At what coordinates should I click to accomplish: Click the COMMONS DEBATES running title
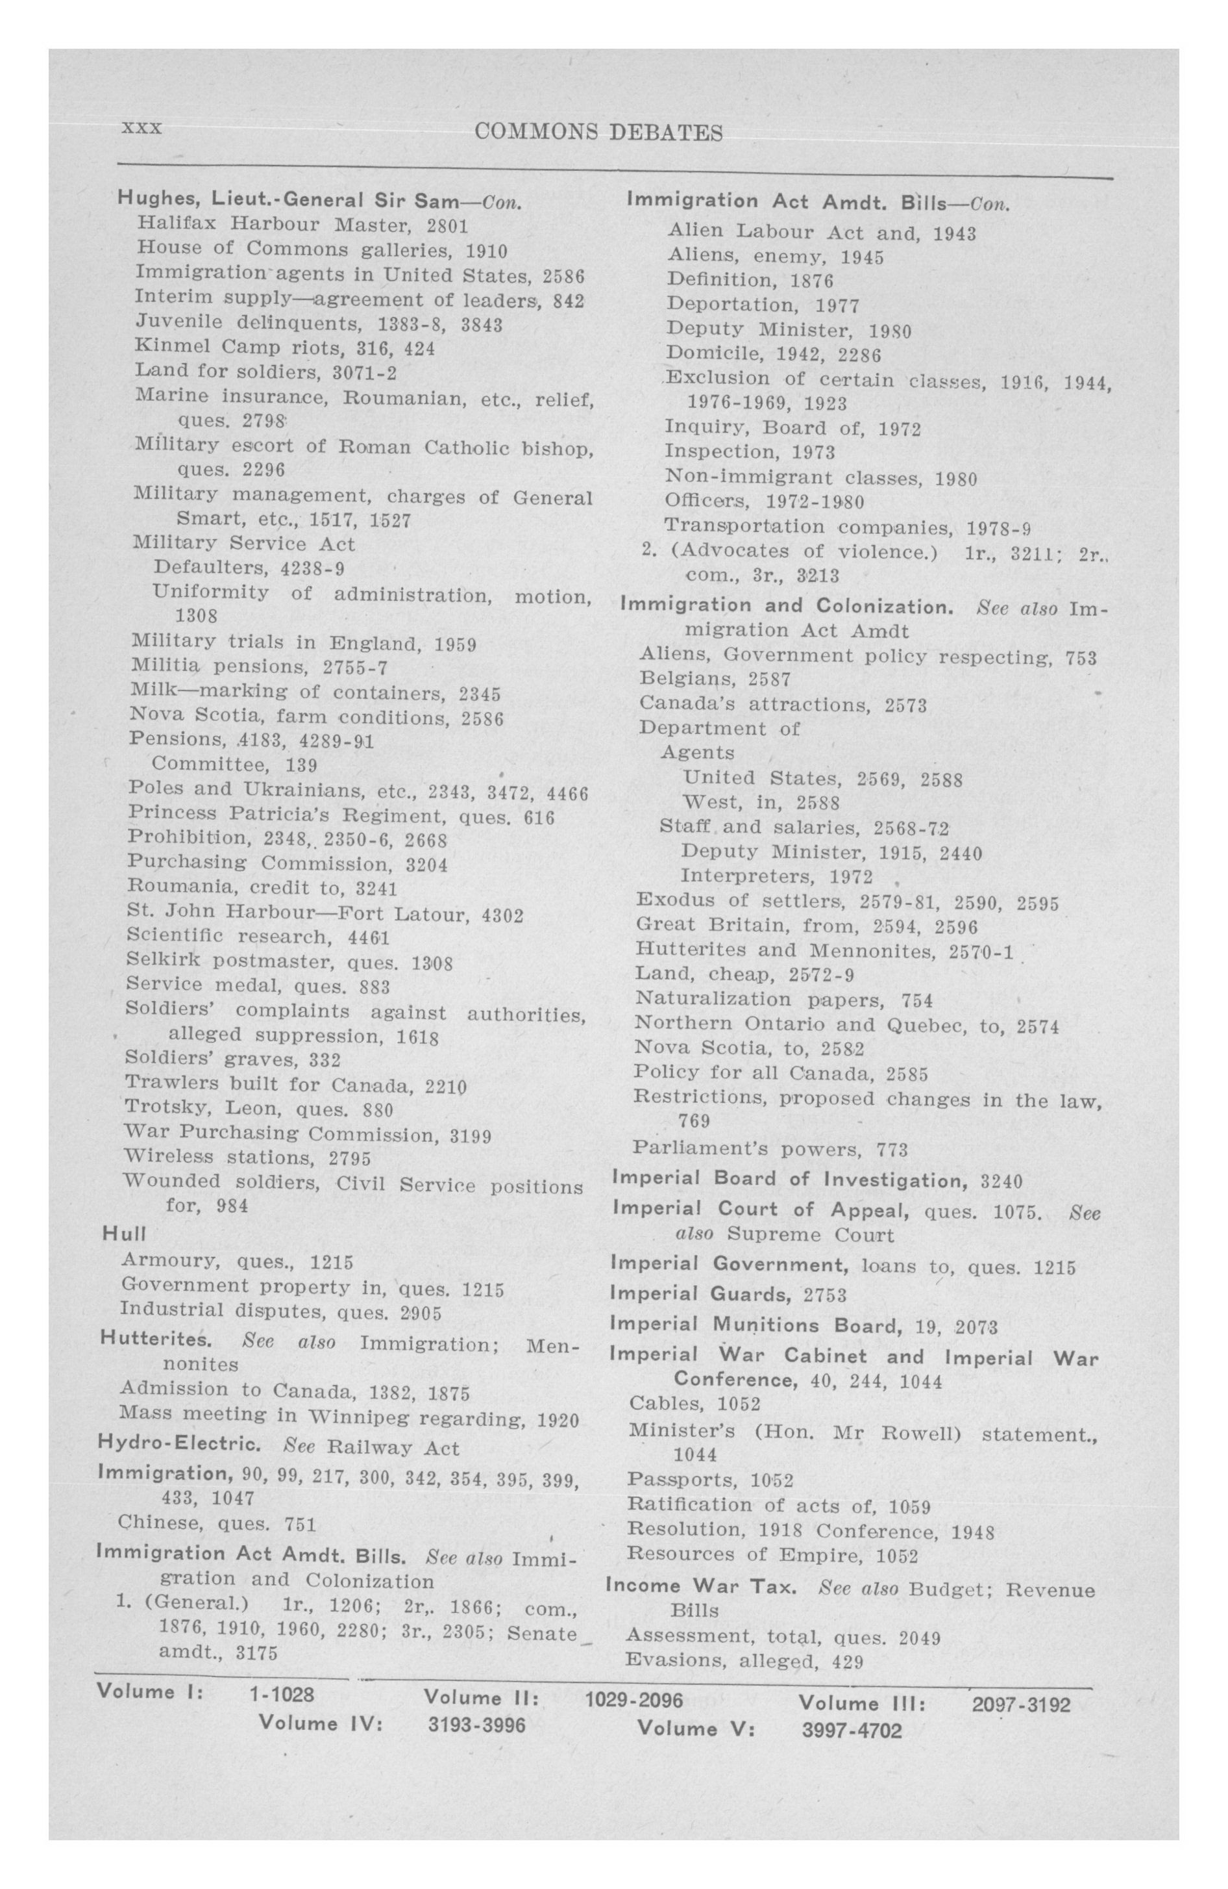click(x=598, y=133)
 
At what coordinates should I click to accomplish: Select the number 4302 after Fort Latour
click(x=502, y=916)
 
